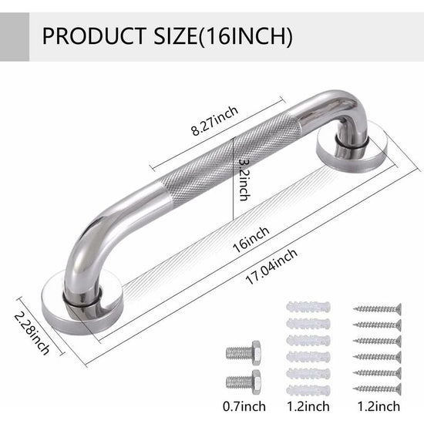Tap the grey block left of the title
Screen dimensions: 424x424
click(15, 36)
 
